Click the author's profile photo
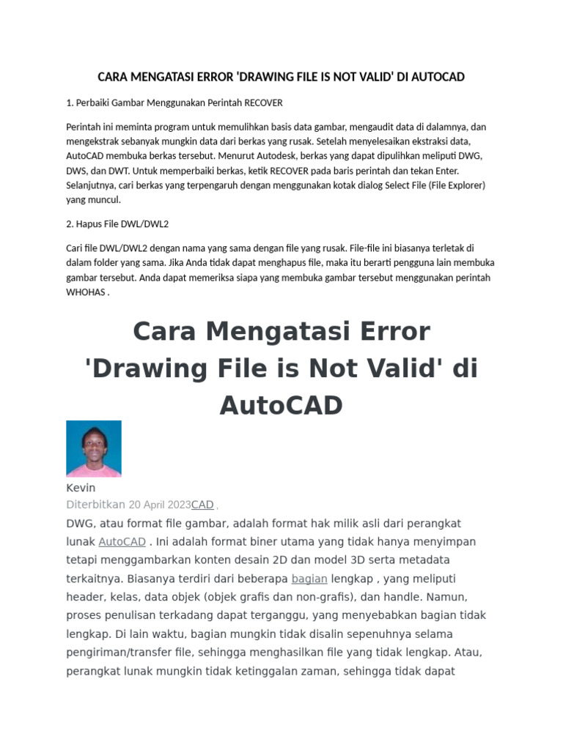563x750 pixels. coord(94,448)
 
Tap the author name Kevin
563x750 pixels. coord(81,488)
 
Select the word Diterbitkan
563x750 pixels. coord(95,505)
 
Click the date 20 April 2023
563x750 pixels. coord(160,505)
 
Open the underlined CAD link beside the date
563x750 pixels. coord(202,505)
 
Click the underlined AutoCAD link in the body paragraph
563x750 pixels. coord(122,542)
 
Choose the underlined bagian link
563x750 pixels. coord(309,579)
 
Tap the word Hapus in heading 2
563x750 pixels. coord(89,223)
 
